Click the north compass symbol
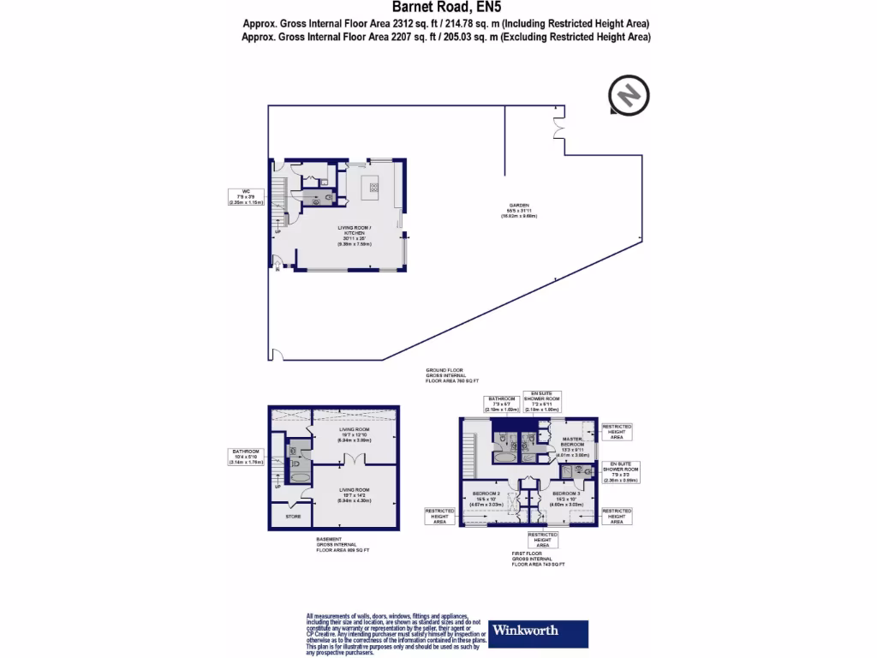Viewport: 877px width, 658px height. pos(629,94)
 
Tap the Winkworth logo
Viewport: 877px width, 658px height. pos(537,631)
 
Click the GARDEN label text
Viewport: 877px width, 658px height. pos(519,206)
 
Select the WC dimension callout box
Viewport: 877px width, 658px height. pos(245,195)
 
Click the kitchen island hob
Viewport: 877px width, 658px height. pos(374,184)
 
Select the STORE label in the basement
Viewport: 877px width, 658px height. pos(292,517)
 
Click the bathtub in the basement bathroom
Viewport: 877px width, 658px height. pos(301,478)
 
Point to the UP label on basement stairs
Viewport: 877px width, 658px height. pos(277,486)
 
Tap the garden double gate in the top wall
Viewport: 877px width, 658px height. pos(559,128)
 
